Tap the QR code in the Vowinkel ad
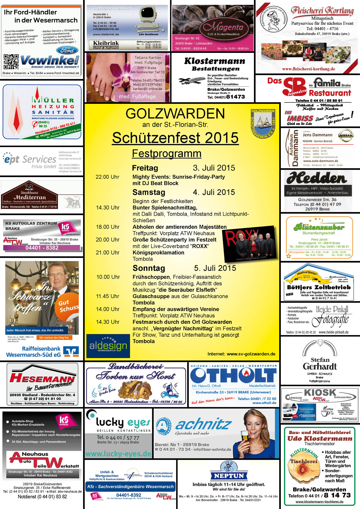(11, 62)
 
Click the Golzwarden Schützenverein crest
(263, 124)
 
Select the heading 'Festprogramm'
(167, 154)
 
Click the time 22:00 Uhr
(107, 177)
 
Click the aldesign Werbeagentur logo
(108, 346)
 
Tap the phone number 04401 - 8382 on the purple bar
(42, 248)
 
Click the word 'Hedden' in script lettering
(316, 178)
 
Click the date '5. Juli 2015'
(215, 268)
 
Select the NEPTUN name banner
(229, 476)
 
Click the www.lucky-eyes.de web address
(118, 454)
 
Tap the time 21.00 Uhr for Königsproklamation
(107, 253)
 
